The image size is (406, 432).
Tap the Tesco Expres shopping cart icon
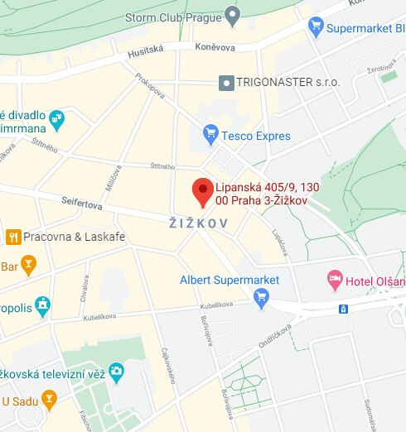tap(210, 134)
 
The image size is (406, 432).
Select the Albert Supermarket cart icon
tap(262, 296)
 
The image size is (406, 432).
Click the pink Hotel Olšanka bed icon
tap(335, 280)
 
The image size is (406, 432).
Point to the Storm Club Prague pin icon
tap(232, 16)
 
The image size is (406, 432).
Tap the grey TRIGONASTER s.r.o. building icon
tap(226, 82)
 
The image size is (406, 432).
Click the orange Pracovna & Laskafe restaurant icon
tap(13, 237)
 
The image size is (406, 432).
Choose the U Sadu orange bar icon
tap(50, 401)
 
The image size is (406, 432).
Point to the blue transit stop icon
tap(342, 310)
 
